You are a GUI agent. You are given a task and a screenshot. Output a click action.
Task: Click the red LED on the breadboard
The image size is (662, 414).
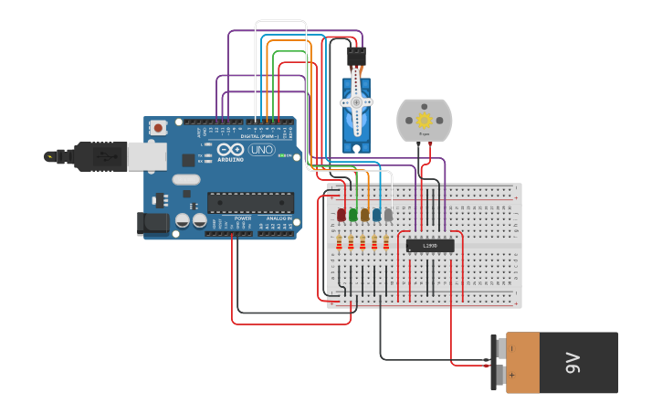tap(342, 215)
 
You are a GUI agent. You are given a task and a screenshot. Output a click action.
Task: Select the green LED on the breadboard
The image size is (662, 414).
tap(353, 215)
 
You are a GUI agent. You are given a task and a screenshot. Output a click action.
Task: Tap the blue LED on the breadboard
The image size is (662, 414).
tap(376, 215)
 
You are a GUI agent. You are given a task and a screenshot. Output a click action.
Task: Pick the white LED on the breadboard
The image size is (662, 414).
tap(388, 215)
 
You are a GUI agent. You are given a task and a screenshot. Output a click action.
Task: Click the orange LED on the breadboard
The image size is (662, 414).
tap(364, 215)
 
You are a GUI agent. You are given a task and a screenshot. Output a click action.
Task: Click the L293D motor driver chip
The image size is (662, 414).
tap(429, 245)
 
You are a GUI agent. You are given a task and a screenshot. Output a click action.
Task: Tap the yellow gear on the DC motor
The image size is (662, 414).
tap(424, 120)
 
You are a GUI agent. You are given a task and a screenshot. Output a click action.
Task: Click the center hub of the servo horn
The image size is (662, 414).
tap(356, 102)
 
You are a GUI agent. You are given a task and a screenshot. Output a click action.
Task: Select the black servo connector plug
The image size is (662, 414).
tap(356, 57)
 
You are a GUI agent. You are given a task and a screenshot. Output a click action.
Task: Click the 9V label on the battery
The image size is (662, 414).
tap(573, 363)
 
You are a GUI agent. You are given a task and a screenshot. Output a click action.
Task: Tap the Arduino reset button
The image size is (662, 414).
tap(158, 128)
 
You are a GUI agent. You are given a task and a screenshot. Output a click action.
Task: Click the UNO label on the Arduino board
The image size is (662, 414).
tap(261, 150)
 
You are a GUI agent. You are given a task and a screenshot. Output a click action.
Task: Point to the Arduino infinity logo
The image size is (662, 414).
tap(230, 150)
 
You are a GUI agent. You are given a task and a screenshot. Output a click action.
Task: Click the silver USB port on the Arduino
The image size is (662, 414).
tap(146, 156)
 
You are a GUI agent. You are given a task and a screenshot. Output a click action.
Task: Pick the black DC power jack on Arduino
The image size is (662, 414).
tap(152, 222)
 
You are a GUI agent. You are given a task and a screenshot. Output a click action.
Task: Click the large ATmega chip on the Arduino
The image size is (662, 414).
tap(250, 202)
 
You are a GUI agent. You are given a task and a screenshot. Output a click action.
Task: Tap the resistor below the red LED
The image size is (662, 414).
tap(341, 242)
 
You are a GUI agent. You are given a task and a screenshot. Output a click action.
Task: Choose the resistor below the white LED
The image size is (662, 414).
tap(386, 242)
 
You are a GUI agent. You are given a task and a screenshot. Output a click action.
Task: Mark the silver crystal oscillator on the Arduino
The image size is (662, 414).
tap(185, 194)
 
